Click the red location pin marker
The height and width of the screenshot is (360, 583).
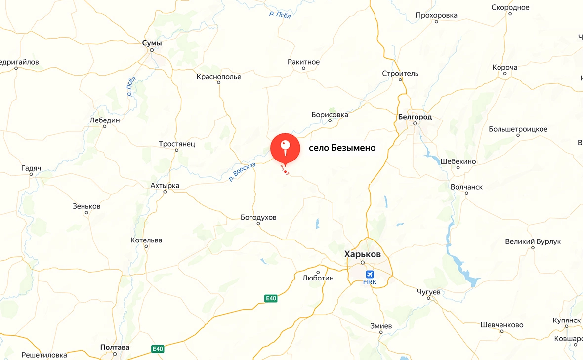pos(285,149)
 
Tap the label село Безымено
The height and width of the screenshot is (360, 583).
pos(342,148)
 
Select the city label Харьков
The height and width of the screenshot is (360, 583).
pos(363,254)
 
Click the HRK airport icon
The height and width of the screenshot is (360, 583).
pos(370,274)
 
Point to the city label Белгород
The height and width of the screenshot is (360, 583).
pos(415,117)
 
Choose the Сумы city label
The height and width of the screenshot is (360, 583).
pos(152,43)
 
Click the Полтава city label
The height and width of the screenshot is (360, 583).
pos(115,347)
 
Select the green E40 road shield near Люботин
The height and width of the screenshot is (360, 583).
pos(271,298)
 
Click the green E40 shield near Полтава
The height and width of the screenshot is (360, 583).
pos(157,349)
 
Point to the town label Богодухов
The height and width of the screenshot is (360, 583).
pos(258,217)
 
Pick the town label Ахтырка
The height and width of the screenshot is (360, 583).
pos(165,186)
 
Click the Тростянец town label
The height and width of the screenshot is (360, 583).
pos(177,144)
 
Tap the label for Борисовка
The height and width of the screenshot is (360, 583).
pos(330,115)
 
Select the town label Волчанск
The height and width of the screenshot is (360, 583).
pos(466,187)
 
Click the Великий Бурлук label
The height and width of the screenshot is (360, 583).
pos(533,241)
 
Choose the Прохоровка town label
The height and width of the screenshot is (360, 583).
pos(436,15)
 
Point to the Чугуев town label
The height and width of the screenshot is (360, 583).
pos(428,292)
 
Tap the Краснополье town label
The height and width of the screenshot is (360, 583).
pos(219,77)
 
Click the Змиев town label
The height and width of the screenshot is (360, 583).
pos(381,326)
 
